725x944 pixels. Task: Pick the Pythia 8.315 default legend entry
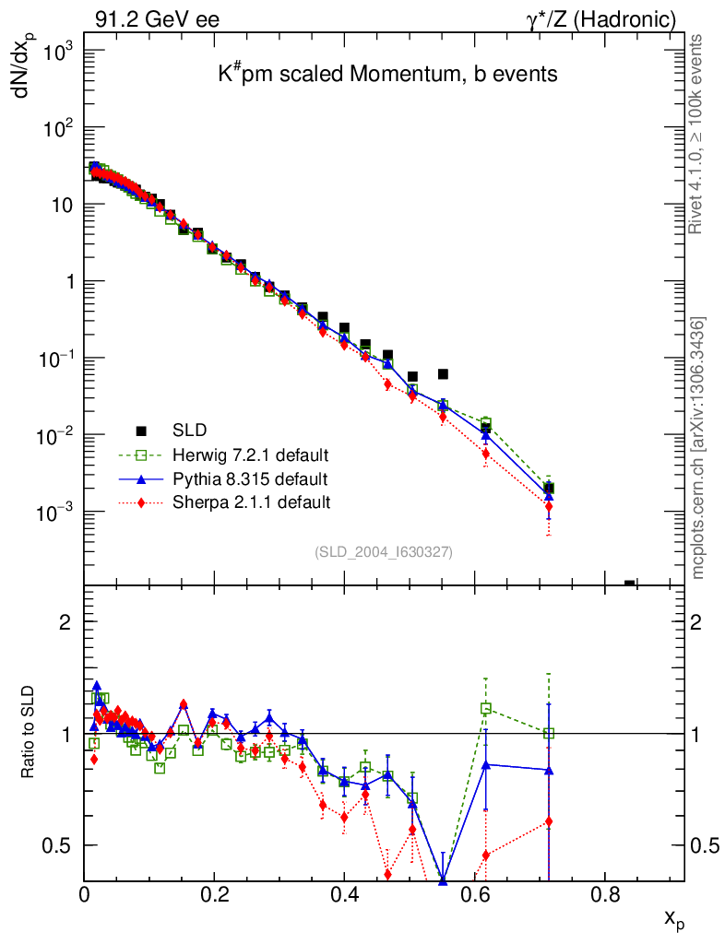point(249,478)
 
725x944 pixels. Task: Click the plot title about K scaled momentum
point(387,75)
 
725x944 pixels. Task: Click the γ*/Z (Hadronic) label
point(601,18)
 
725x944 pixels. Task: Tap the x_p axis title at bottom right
point(674,918)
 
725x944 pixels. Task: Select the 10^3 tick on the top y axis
point(57,53)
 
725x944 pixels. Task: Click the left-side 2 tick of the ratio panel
point(65,621)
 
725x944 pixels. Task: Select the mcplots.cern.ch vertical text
point(699,447)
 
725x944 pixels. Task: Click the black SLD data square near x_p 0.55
point(443,373)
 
